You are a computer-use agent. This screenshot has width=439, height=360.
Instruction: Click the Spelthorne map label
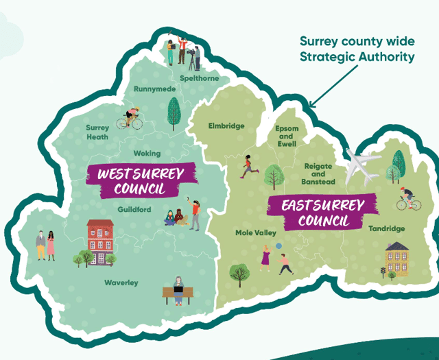click(x=200, y=78)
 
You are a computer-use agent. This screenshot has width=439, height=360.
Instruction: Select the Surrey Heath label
click(x=97, y=132)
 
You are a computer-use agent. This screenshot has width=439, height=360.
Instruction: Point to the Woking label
click(x=147, y=154)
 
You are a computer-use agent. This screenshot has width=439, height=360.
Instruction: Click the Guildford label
click(x=134, y=208)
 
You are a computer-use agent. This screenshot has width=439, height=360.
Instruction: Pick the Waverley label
click(x=121, y=283)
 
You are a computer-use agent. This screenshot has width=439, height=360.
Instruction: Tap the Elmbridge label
click(x=226, y=126)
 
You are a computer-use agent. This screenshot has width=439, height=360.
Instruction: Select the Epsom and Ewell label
click(x=287, y=136)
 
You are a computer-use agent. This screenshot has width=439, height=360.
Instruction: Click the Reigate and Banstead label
click(x=318, y=174)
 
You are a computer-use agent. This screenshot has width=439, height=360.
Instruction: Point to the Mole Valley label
click(x=256, y=233)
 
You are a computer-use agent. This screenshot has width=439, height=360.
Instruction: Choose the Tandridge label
click(x=386, y=228)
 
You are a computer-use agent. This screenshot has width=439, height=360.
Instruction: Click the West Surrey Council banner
click(x=141, y=181)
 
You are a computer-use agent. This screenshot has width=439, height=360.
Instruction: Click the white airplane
click(x=361, y=167)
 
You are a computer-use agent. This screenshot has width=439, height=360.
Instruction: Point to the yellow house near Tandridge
click(x=396, y=258)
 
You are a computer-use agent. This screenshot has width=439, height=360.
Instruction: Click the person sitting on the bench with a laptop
click(x=178, y=290)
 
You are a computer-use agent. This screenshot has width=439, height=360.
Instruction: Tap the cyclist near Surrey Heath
click(x=130, y=119)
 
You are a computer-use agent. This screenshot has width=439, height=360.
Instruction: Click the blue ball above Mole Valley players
click(x=278, y=245)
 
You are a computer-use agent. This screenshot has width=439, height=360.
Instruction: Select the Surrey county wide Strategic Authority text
click(x=357, y=49)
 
